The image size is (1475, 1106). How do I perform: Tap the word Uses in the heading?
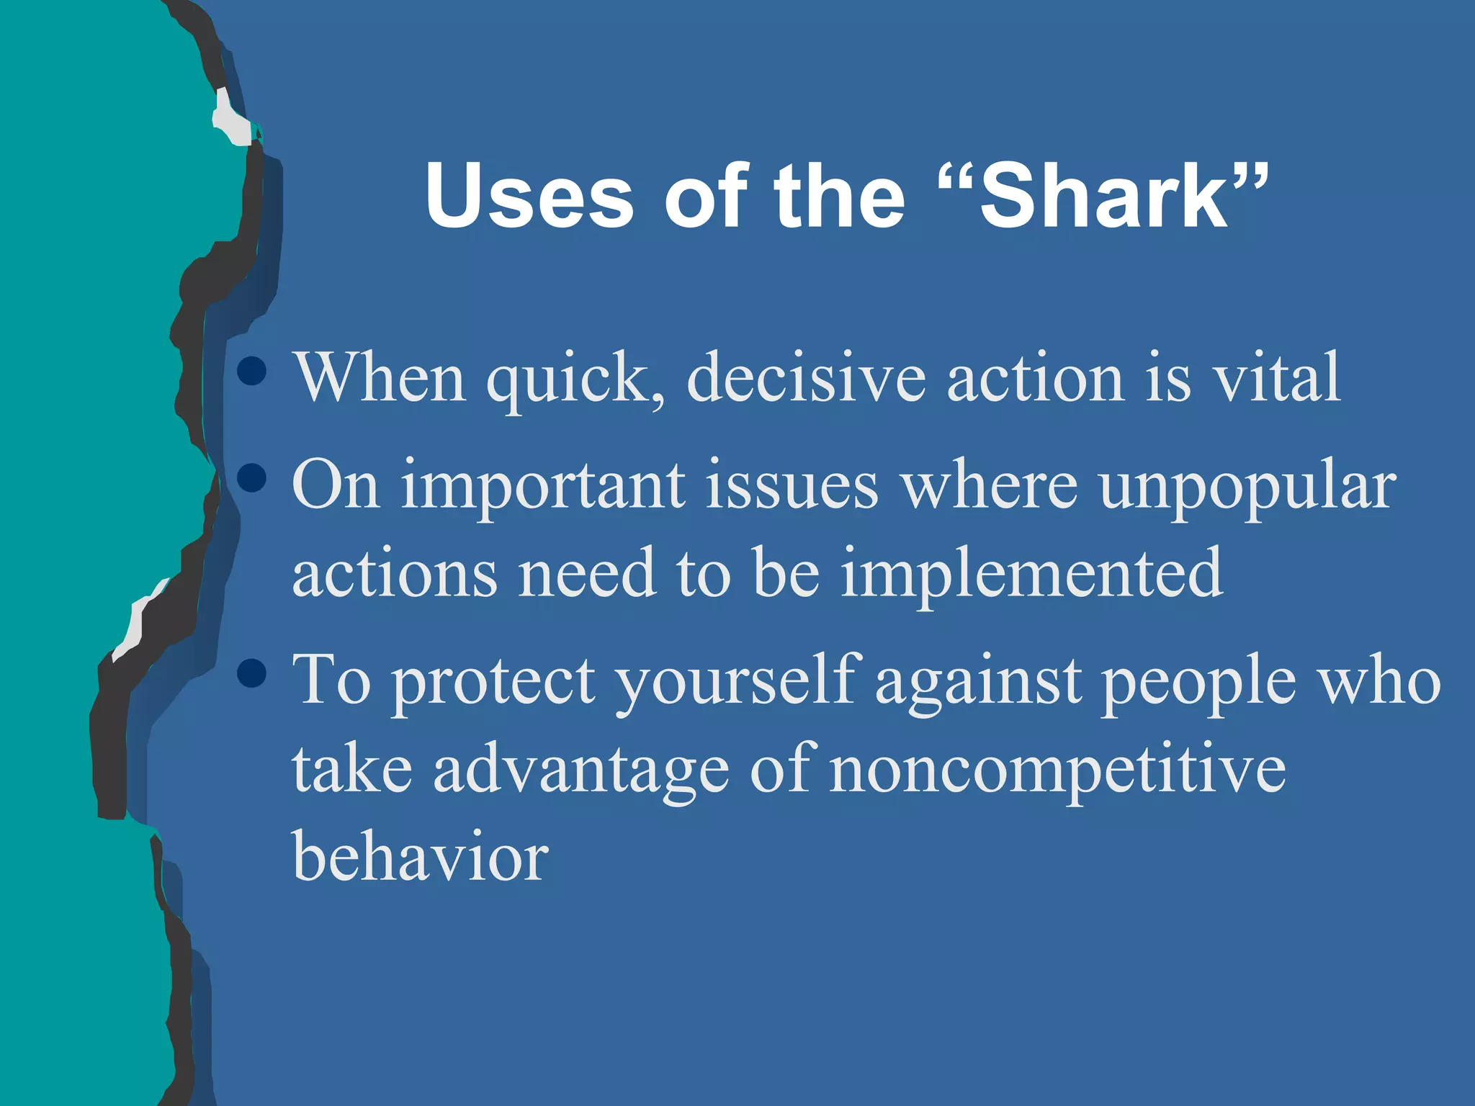[529, 196]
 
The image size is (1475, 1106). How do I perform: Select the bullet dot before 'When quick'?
[251, 372]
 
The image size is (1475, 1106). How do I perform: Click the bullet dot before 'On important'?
[251, 477]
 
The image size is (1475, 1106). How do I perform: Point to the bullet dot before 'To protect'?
[251, 674]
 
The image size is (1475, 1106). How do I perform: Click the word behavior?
[420, 857]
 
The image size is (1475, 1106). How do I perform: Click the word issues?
[792, 486]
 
